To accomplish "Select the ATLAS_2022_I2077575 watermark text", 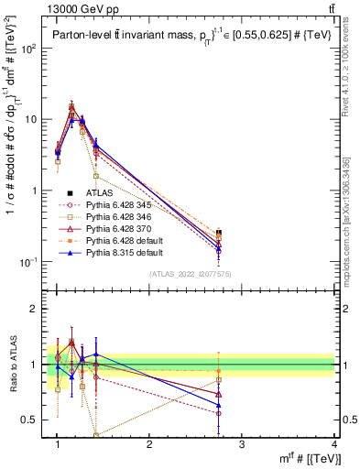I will (191, 275).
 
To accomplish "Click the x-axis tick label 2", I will (149, 443).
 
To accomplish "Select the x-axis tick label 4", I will (334, 443).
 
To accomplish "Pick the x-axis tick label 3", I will (242, 443).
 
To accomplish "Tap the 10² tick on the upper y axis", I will (31, 48).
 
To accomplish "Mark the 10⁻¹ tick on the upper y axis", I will (31, 262).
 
